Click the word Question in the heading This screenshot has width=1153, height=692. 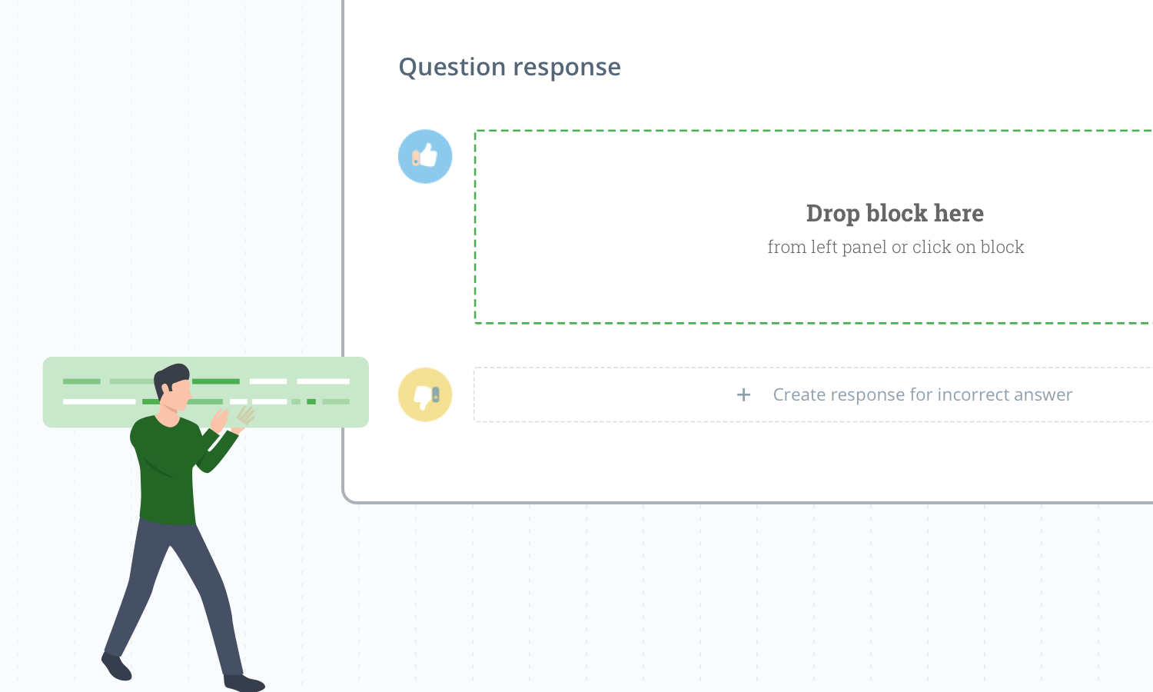coord(452,68)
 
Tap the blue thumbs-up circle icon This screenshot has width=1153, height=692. coord(425,157)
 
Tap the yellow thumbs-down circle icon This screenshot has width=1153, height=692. coord(425,395)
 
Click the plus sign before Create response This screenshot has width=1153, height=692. coord(743,395)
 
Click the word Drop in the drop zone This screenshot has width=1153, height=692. coord(832,214)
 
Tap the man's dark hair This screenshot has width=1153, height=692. coord(171,377)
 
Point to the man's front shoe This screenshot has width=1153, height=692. coord(244,683)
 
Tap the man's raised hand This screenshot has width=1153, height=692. coord(221,420)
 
